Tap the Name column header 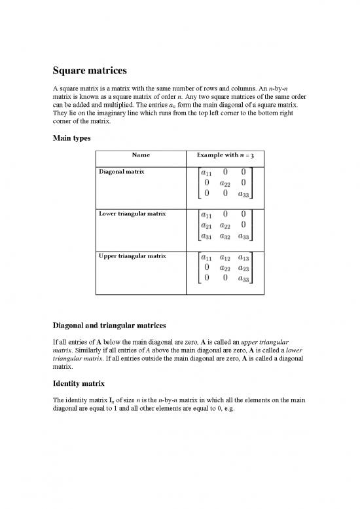click(140, 155)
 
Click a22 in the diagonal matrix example click(225, 183)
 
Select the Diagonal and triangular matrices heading click(118, 325)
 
